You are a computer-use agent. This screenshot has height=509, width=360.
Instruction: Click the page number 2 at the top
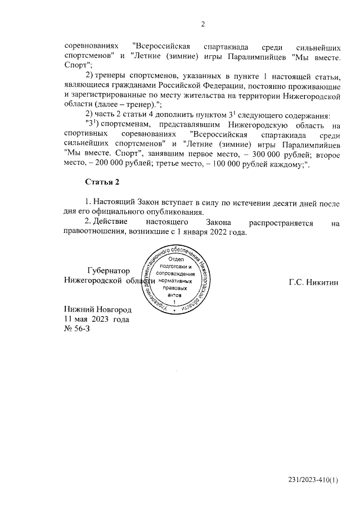click(x=203, y=24)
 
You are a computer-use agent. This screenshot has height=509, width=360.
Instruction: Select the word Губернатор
click(x=109, y=271)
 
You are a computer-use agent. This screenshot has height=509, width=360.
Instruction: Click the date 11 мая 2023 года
click(x=97, y=319)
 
